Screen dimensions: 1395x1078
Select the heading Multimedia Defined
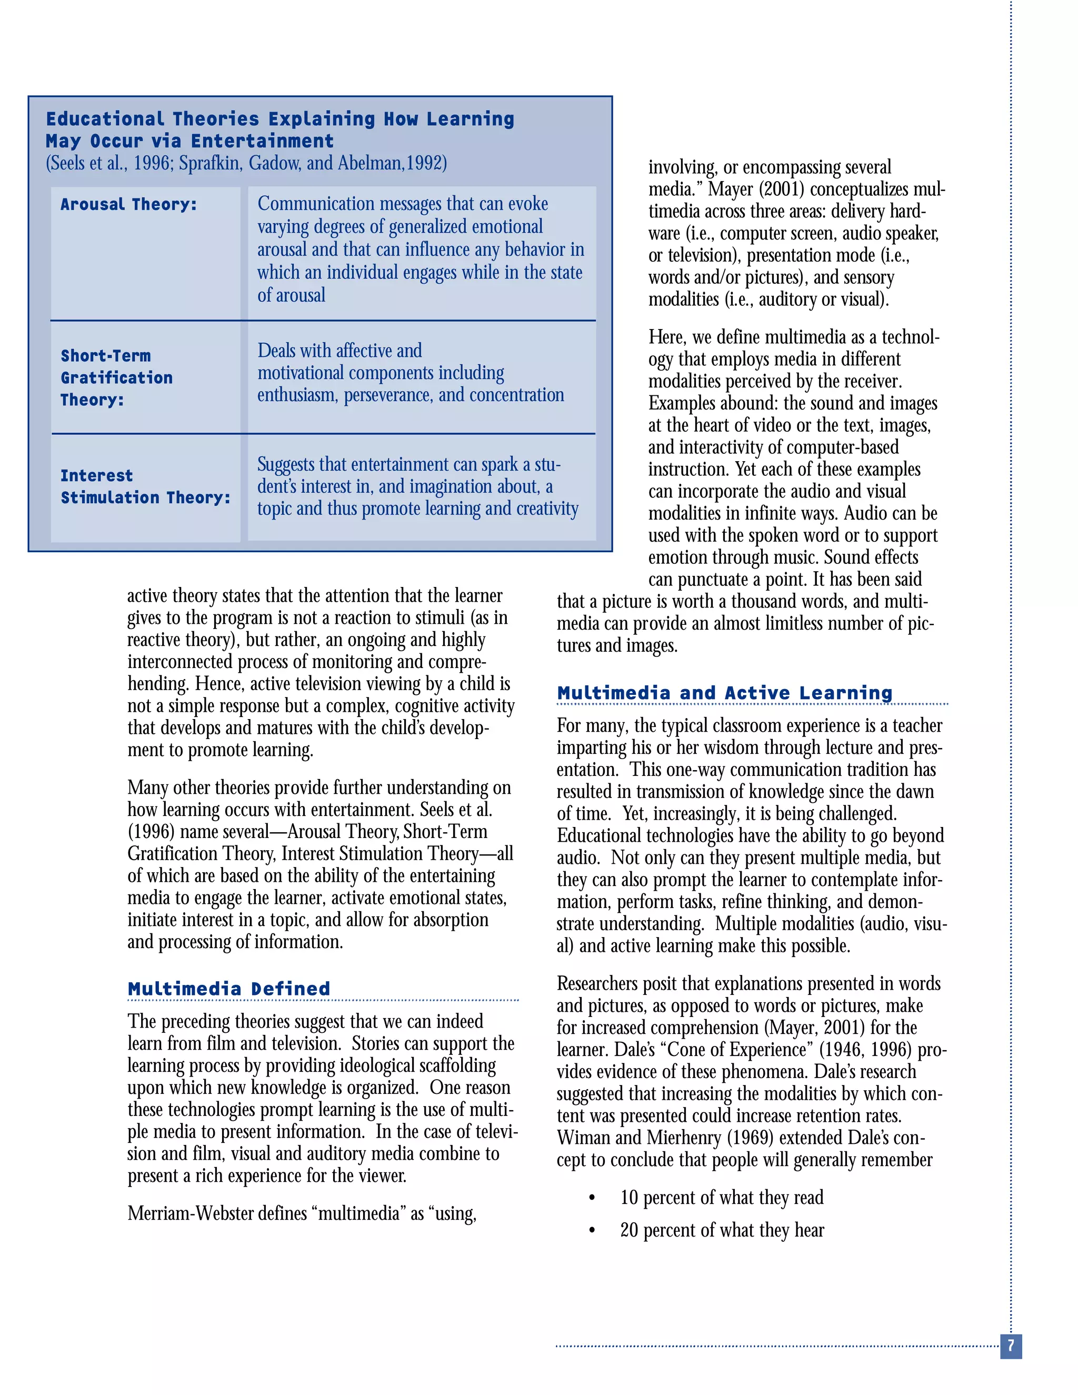click(x=228, y=989)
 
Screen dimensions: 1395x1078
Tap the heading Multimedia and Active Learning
click(x=724, y=693)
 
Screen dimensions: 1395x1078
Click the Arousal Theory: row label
click(x=129, y=204)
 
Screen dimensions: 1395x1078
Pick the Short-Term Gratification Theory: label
click(x=116, y=377)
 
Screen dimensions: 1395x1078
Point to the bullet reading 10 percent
click(x=722, y=1198)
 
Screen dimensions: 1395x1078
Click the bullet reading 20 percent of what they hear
click(x=722, y=1230)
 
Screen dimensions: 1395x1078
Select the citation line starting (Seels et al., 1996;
click(x=246, y=164)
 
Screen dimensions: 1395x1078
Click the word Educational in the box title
click(x=105, y=119)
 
